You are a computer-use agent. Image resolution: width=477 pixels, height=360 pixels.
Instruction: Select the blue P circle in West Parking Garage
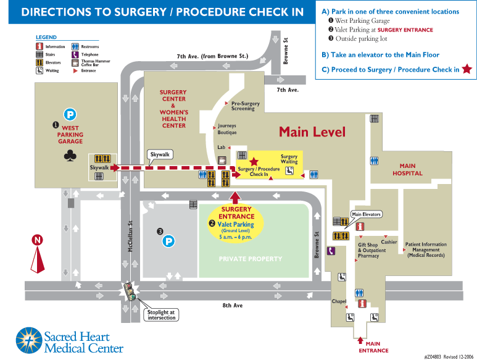tap(70, 114)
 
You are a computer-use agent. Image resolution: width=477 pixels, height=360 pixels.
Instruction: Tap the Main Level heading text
tap(312, 132)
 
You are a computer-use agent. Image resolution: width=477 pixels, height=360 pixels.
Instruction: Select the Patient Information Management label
tap(426, 250)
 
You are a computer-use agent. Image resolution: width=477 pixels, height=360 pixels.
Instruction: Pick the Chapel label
tap(339, 301)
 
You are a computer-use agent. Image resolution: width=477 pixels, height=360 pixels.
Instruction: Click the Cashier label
tap(389, 242)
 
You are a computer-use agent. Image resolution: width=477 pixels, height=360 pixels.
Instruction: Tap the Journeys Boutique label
tap(227, 129)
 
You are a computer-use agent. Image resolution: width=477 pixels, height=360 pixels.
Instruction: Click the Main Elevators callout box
tap(367, 214)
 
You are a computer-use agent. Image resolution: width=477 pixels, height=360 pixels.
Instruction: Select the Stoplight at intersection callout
tap(162, 314)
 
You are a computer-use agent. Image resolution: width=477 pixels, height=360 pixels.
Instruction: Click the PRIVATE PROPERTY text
tap(251, 259)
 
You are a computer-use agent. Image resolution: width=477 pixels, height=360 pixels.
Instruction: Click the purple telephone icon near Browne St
tap(331, 251)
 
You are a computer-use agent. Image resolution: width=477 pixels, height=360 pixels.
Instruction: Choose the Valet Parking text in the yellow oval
tap(236, 225)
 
